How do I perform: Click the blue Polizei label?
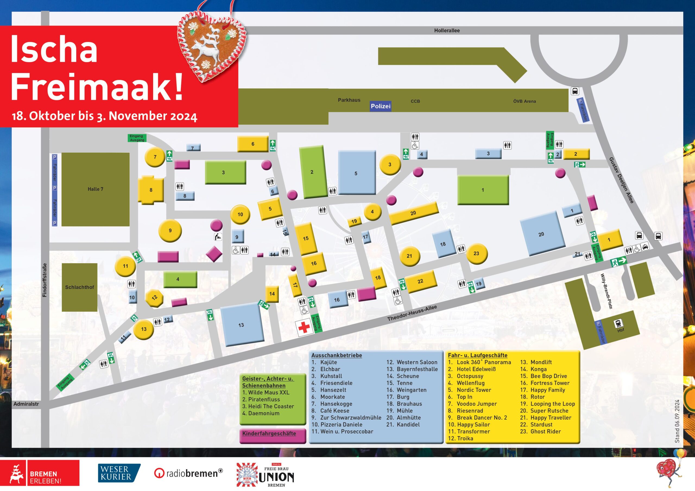click(x=381, y=106)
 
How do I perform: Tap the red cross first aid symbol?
click(x=304, y=327)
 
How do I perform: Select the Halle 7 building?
click(x=95, y=189)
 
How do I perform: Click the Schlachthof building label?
click(x=80, y=287)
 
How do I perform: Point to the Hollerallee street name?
click(x=447, y=31)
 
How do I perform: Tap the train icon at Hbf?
click(x=618, y=323)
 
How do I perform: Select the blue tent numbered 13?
click(x=241, y=325)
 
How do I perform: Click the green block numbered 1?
click(x=482, y=190)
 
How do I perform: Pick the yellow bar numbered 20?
click(x=413, y=213)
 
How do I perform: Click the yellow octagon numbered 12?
click(x=154, y=298)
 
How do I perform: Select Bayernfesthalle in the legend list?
click(x=417, y=369)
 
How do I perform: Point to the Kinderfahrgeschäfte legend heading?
click(x=269, y=433)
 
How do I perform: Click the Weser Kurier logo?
click(x=119, y=473)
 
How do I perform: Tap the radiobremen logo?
click(x=188, y=473)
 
